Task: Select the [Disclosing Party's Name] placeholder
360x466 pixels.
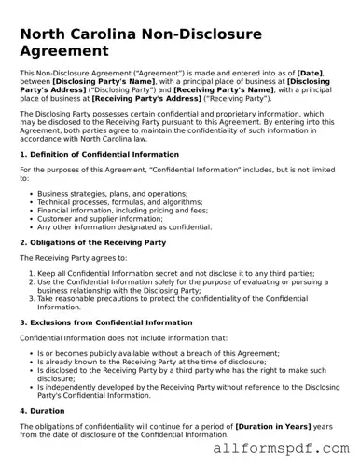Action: coord(91,81)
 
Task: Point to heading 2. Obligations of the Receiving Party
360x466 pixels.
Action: coord(92,242)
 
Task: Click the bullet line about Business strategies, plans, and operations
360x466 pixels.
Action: coord(112,194)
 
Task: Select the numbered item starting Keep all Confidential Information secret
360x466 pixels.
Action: coord(175,274)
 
